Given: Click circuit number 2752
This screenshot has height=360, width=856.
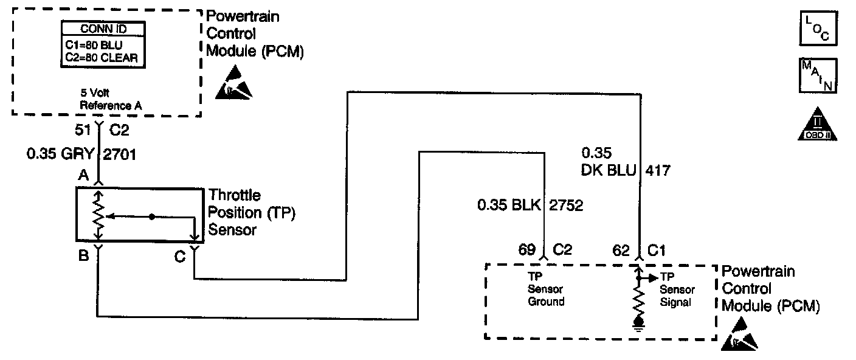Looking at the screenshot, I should (566, 206).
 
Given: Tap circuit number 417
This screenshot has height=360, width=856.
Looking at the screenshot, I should (658, 171).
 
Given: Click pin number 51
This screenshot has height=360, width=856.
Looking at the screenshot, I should (84, 129).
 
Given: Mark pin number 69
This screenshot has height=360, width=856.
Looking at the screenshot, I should (526, 250).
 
